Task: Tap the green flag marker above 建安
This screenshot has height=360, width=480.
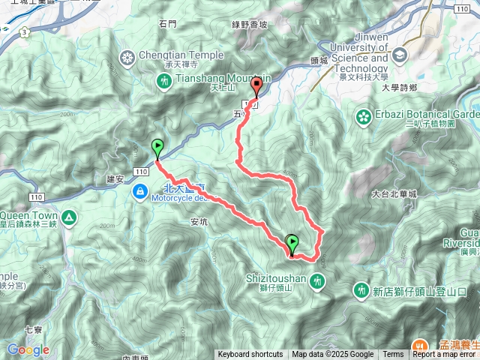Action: coord(157,147)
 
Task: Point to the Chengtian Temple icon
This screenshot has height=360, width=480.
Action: coord(127,55)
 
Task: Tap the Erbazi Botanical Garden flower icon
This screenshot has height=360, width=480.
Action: coord(364,116)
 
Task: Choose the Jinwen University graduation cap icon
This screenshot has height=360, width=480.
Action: coord(399,54)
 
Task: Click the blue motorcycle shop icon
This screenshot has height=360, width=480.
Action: coord(139,193)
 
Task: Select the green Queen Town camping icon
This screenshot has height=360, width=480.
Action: coord(69,217)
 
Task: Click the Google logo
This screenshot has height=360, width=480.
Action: coord(28,349)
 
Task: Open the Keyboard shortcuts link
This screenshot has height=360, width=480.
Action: coord(250,355)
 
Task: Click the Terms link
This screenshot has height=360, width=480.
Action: coord(393,355)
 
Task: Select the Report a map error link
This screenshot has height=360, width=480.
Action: coord(445,355)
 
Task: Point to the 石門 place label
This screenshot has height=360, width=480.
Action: coord(168,24)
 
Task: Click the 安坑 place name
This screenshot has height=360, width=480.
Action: coord(199,222)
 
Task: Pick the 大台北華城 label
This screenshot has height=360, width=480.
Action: coord(394,193)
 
